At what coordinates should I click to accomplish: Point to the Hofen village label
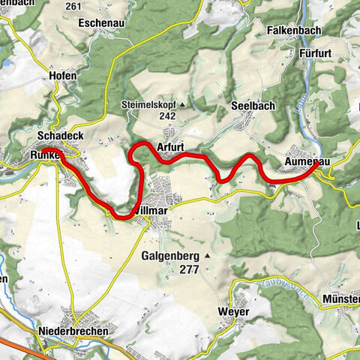click(41, 76)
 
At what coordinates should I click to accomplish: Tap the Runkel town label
click(46, 154)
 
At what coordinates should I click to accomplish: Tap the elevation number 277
click(190, 270)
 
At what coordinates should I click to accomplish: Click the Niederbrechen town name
click(73, 331)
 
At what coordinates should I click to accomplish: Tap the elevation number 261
click(94, 6)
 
